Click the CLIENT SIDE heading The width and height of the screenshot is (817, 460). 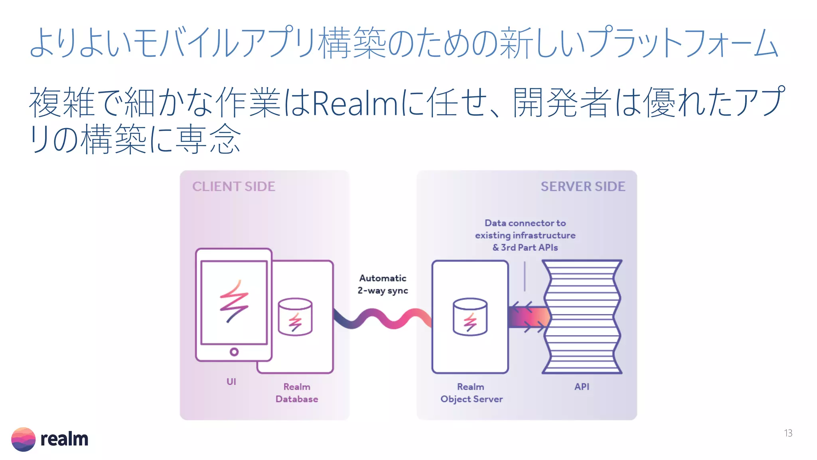click(x=234, y=186)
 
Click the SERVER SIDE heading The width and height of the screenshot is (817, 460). click(x=582, y=186)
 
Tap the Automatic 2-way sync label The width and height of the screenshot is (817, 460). click(x=383, y=284)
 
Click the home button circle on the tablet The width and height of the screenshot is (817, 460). click(x=234, y=352)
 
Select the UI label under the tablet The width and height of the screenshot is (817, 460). click(x=231, y=382)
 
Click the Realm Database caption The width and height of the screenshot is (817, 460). click(x=297, y=393)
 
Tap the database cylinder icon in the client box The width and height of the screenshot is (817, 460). click(x=295, y=317)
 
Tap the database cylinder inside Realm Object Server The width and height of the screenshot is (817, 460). click(x=470, y=317)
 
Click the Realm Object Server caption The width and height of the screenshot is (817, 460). click(x=471, y=393)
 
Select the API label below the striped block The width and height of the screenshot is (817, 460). click(x=582, y=387)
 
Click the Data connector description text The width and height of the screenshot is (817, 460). click(x=525, y=235)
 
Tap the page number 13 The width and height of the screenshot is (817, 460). click(x=788, y=433)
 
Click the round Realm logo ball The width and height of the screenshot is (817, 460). click(x=23, y=439)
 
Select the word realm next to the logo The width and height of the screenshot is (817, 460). click(x=64, y=439)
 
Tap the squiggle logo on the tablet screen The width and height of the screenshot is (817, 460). click(x=234, y=301)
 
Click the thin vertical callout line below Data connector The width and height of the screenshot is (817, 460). click(x=525, y=276)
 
